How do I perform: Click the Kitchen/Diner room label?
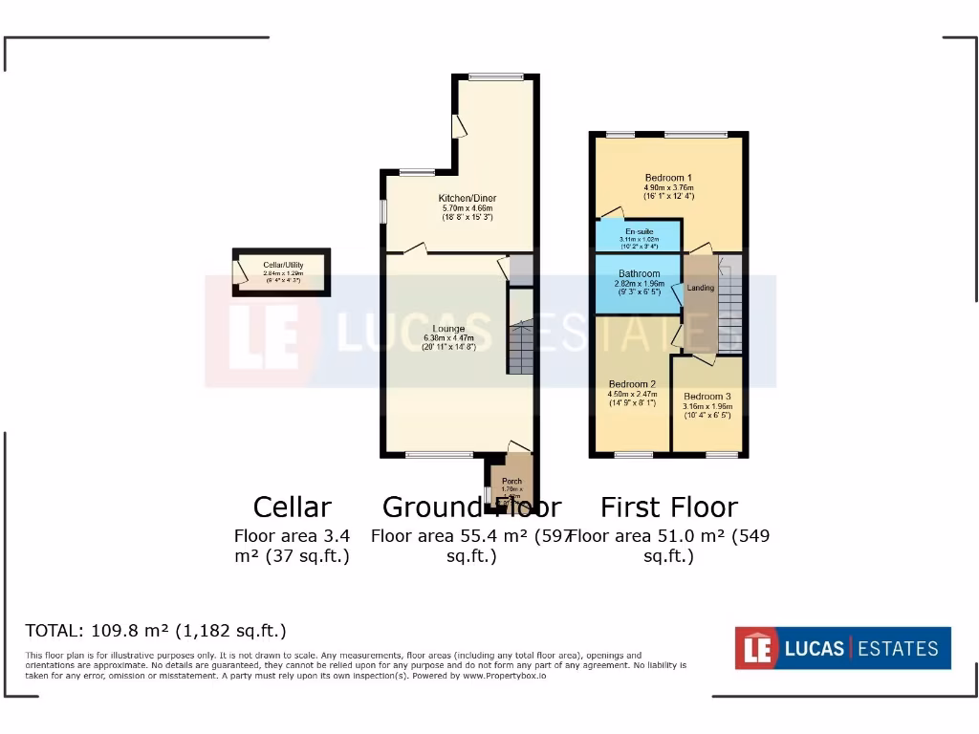468,198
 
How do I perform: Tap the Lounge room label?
447,329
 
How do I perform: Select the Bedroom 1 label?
668,178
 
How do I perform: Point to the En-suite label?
639,231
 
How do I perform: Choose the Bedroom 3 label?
707,396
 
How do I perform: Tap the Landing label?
701,288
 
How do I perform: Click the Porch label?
511,481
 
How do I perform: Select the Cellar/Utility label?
282,265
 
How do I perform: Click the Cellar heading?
292,507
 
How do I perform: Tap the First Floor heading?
668,507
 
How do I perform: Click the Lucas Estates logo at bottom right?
842,648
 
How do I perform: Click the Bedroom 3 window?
722,454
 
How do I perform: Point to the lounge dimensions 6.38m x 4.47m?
448,338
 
